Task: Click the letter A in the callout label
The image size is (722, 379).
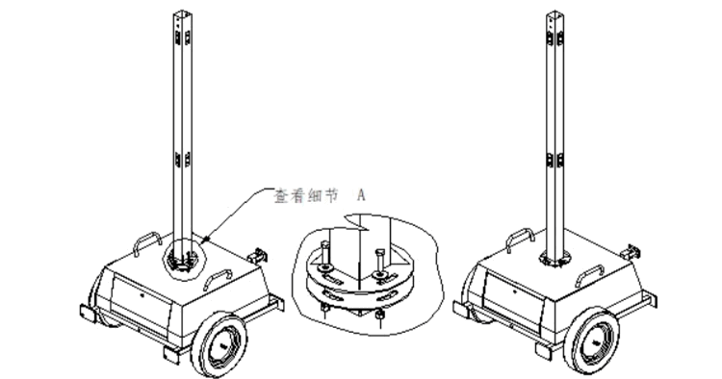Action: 361,195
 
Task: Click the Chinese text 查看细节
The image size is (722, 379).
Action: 305,196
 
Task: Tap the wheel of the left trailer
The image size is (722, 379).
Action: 219,344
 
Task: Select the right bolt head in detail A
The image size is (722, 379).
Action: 380,253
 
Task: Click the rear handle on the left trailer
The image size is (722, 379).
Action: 147,243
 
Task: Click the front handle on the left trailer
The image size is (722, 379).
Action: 219,278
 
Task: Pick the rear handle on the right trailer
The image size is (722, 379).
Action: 520,240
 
